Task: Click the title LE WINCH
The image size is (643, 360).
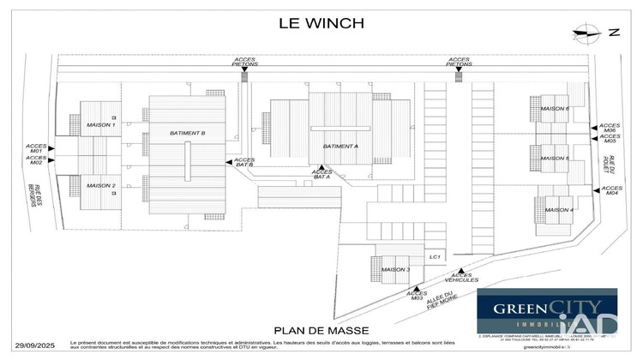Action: point(321,23)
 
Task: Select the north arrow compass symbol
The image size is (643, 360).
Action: point(589,33)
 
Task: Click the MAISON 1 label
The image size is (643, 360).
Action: point(101,125)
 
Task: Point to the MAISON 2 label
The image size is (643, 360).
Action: point(101,185)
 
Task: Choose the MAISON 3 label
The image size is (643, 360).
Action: point(396,270)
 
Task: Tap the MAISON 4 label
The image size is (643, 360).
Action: point(559,210)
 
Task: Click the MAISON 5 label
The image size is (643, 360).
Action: point(556,159)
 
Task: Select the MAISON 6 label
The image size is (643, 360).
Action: point(556,109)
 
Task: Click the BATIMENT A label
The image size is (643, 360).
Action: point(340,147)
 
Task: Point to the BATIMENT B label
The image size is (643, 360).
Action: point(187,133)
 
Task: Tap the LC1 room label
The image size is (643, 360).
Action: point(435,257)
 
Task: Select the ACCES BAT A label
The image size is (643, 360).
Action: point(322,175)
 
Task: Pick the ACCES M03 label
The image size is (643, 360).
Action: point(417,296)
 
